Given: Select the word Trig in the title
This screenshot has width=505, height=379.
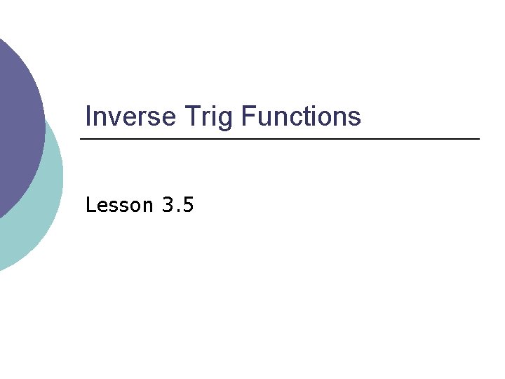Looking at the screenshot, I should (208, 117).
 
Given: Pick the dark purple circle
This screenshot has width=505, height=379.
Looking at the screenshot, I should (14, 119).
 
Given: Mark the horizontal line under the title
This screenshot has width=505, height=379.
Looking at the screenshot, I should (281, 140).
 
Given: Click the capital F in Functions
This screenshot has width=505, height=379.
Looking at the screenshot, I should (247, 116).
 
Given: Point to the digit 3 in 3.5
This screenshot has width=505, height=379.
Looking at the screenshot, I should (167, 205).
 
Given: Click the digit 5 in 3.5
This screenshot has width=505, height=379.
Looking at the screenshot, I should (189, 205).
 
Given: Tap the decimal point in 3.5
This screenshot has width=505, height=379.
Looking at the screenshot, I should (178, 211).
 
